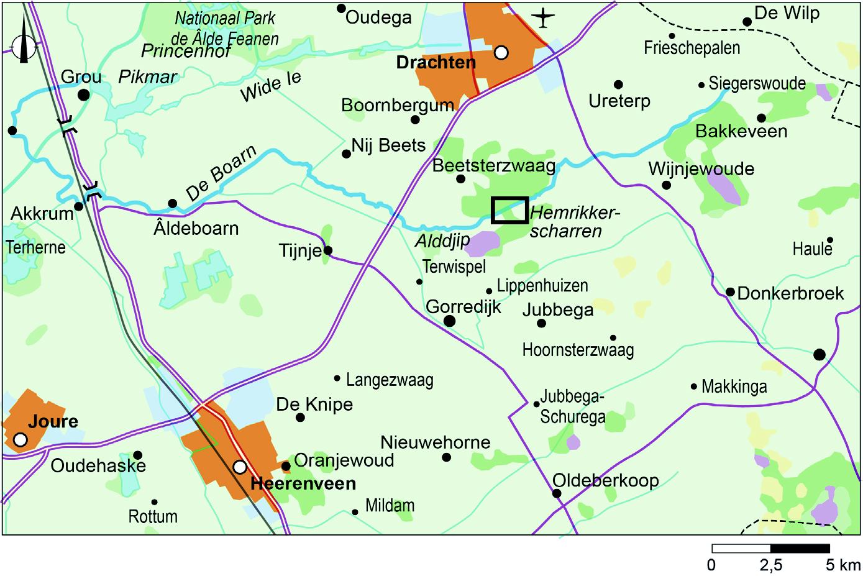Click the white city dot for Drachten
tap(501, 53)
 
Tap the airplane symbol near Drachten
tap(544, 17)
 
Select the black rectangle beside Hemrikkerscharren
tap(509, 210)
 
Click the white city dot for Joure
tap(21, 440)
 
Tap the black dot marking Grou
tap(83, 95)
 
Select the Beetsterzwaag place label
tap(494, 166)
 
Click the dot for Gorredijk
tap(449, 321)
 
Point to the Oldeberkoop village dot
tap(557, 494)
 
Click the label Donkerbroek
tap(790, 293)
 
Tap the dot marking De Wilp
tap(747, 22)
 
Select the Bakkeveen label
tap(741, 131)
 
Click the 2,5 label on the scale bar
tap(770, 565)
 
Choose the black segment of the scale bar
tap(800, 549)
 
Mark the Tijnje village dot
tap(328, 251)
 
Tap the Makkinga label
tap(734, 386)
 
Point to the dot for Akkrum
tap(79, 206)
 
